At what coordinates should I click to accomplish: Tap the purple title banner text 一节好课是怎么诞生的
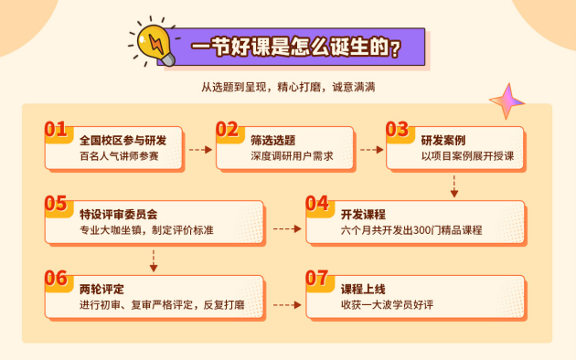(x=295, y=47)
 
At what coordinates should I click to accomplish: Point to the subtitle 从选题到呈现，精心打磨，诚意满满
(x=288, y=88)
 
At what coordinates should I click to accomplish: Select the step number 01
(x=56, y=129)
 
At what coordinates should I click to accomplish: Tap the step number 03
(x=397, y=129)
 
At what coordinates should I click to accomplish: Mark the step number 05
(x=56, y=203)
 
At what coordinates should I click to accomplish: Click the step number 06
(x=56, y=277)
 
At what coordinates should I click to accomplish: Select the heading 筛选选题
(x=272, y=140)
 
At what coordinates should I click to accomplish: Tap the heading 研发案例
(x=443, y=140)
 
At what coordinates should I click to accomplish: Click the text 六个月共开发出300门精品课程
(x=411, y=230)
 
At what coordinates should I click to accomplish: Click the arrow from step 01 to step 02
(x=198, y=147)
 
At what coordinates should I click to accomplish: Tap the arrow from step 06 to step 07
(x=286, y=305)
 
